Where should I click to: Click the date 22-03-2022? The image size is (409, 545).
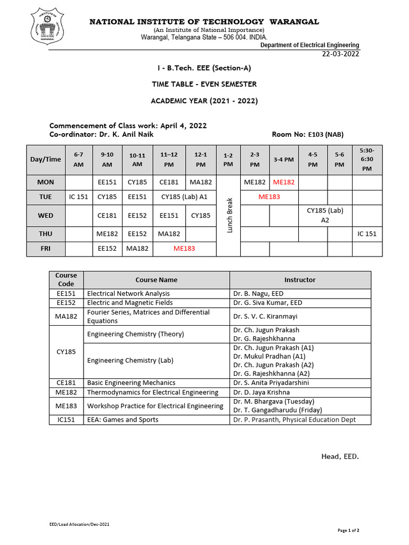(x=341, y=54)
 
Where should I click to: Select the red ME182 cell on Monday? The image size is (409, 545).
(x=284, y=183)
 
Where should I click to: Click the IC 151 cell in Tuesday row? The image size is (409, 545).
(x=78, y=196)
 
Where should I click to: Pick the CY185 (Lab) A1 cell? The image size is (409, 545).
(x=184, y=196)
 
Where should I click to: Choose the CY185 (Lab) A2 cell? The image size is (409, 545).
(x=325, y=214)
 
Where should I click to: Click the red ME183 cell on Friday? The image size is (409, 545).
(x=184, y=249)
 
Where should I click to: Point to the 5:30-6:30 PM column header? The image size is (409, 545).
(x=367, y=159)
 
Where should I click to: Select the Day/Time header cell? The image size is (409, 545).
(x=46, y=159)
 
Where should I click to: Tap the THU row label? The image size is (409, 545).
(x=46, y=234)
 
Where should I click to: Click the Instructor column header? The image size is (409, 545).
(x=300, y=279)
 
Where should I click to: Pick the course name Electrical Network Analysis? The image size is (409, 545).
(x=128, y=293)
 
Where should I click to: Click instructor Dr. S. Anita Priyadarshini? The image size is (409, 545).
(x=271, y=383)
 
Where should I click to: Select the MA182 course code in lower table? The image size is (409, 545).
(x=66, y=316)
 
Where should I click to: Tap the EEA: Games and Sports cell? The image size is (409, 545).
(x=122, y=420)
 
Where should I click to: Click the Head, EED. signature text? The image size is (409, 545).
(x=340, y=456)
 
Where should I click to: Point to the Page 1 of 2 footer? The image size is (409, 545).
(x=349, y=530)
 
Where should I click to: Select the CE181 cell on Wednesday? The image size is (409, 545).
(x=107, y=216)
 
